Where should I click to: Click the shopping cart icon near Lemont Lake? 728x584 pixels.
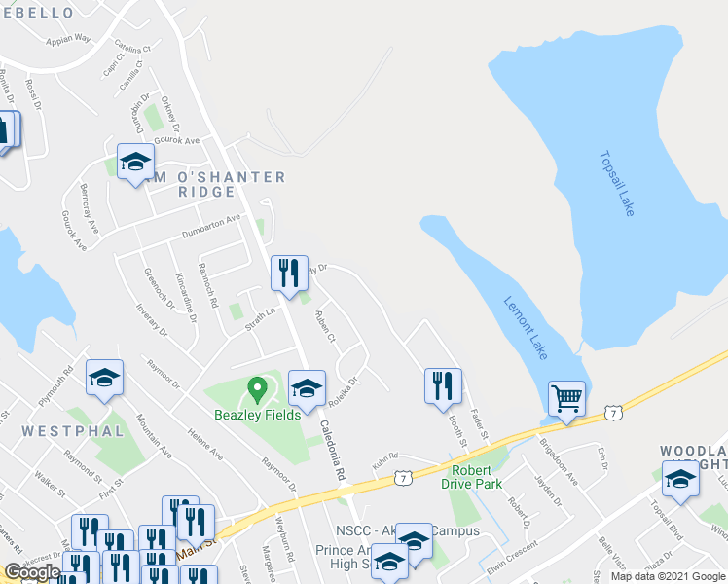566,398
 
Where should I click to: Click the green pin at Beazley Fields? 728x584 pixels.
257,390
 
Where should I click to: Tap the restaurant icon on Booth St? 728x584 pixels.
442,385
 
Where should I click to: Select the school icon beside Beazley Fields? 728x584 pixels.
307,388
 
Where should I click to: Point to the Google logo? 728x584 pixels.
32,572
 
